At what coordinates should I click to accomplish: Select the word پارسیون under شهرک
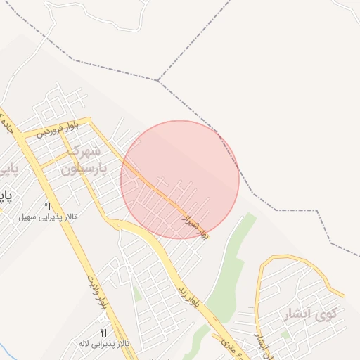coord(81,169)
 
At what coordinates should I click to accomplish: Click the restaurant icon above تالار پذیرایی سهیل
coord(48,206)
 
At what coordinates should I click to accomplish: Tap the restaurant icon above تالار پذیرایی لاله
coord(104,333)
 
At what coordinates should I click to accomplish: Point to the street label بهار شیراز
coord(195,223)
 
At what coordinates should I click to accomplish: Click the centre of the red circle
coord(180,180)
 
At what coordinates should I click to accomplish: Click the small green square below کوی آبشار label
coord(285,335)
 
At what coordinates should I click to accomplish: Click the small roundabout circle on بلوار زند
coord(119,226)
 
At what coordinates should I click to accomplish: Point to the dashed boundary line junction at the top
coord(158,81)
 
